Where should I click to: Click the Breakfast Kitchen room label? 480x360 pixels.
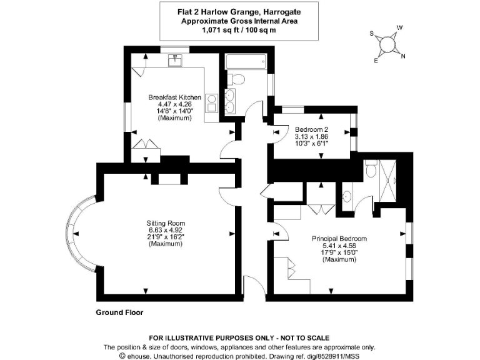click(175, 97)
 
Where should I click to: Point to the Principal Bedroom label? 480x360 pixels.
click(339, 239)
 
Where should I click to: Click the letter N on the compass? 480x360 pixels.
click(403, 56)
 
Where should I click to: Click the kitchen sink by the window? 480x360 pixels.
click(175, 61)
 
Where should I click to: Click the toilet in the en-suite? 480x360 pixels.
click(371, 168)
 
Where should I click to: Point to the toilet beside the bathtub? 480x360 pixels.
click(236, 79)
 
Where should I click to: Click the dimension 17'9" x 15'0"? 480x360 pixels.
click(339, 252)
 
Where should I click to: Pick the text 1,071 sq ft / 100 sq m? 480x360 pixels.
click(239, 29)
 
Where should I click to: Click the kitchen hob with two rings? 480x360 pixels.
click(211, 102)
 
